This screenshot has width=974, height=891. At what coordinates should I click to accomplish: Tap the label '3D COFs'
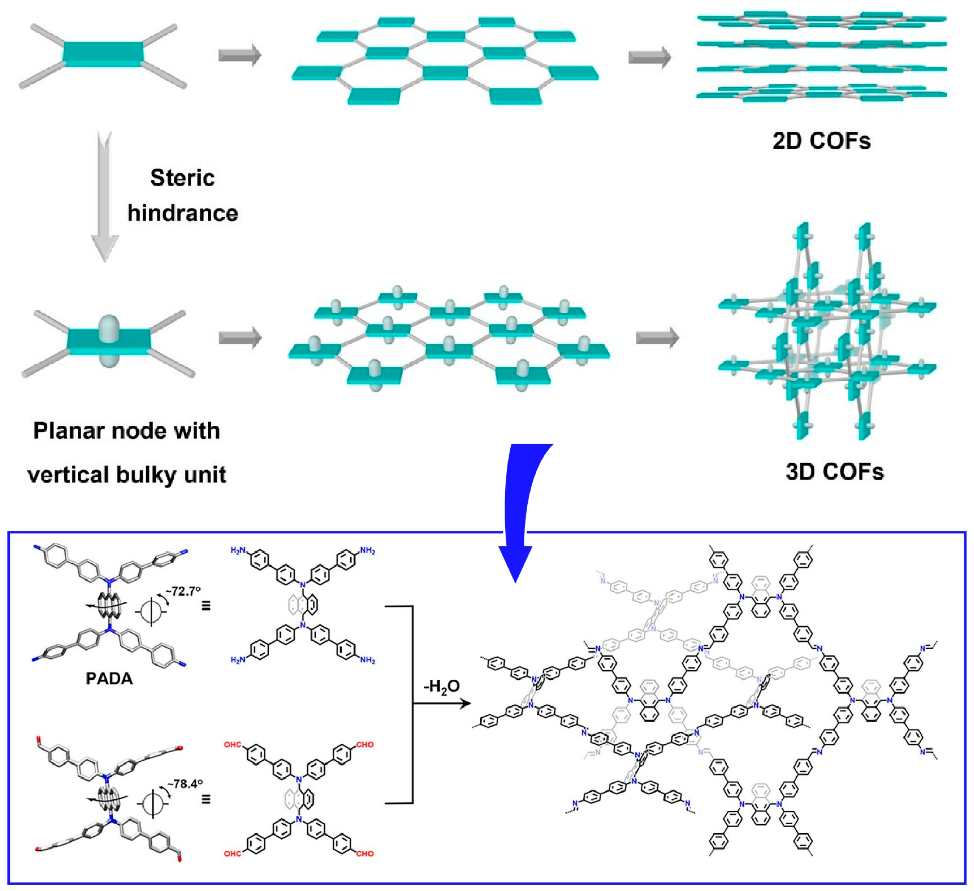tap(834, 472)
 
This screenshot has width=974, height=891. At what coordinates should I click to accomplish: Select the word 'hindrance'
tap(183, 213)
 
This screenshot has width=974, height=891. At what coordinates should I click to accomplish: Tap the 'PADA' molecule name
tap(109, 679)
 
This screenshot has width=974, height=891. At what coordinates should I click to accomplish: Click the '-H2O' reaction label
tap(441, 687)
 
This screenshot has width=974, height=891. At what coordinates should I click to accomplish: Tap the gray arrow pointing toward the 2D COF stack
tap(649, 57)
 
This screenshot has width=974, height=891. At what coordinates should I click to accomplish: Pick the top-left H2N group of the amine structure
tap(239, 550)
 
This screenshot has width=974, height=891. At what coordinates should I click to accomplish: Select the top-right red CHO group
tap(364, 745)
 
